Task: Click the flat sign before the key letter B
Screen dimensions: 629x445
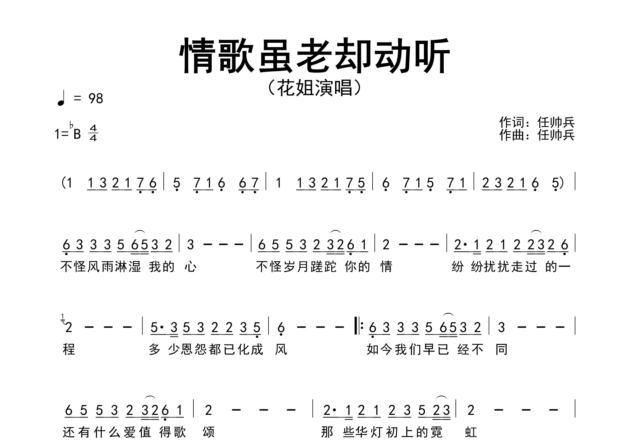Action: click(x=72, y=125)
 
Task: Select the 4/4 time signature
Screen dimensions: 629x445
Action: click(x=93, y=133)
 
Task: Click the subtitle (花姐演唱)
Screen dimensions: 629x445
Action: click(x=314, y=88)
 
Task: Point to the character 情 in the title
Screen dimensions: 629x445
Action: click(x=198, y=56)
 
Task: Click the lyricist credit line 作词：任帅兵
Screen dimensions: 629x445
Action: click(x=537, y=122)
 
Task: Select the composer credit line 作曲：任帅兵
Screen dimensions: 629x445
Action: click(x=537, y=135)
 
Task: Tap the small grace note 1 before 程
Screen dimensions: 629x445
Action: click(x=63, y=316)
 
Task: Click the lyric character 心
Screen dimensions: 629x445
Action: click(x=191, y=266)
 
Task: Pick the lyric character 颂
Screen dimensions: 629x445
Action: click(x=209, y=432)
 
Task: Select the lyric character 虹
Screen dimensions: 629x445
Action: click(x=471, y=432)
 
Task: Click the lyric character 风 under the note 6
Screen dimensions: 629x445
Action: click(x=281, y=349)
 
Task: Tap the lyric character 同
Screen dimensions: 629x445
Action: click(x=502, y=349)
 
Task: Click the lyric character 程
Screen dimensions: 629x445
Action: click(x=69, y=349)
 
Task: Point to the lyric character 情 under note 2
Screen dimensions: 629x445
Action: click(x=386, y=266)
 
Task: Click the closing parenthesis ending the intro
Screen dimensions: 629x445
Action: click(x=562, y=182)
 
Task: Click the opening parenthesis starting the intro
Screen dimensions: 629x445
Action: click(x=63, y=182)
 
